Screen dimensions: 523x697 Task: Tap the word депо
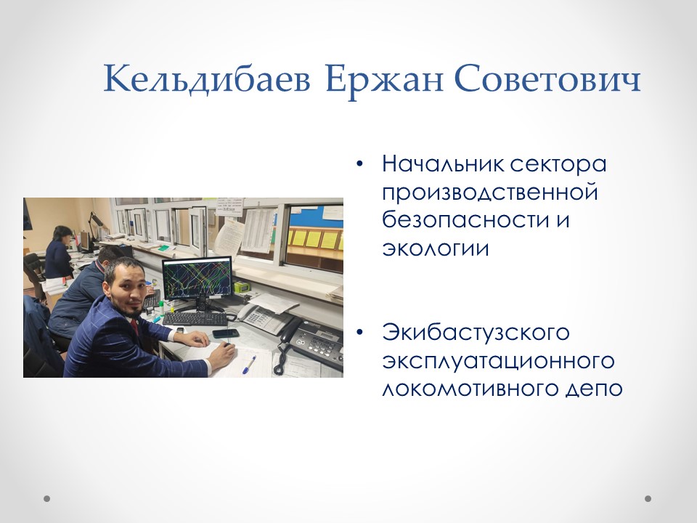(x=595, y=389)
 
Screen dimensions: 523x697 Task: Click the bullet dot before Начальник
(x=360, y=165)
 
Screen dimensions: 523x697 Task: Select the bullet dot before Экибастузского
(x=360, y=333)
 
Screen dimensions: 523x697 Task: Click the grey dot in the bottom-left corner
(x=47, y=498)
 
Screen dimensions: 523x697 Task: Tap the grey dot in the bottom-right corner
(x=648, y=498)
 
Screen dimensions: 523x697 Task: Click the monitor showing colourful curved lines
(x=196, y=277)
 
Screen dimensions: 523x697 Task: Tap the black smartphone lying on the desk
(x=225, y=333)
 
